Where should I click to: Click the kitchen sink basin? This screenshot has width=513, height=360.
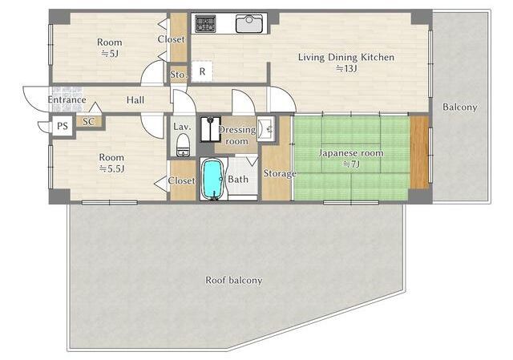(249, 23)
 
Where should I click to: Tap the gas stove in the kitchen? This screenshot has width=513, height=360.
(205, 24)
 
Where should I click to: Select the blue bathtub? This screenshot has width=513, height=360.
(212, 179)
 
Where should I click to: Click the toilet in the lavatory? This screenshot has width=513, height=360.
(183, 146)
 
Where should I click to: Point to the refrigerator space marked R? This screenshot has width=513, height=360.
(202, 71)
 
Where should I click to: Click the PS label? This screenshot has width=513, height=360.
(63, 126)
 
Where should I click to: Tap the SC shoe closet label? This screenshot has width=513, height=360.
(88, 122)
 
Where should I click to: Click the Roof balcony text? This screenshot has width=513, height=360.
(234, 281)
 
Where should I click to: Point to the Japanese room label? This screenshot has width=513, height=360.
(351, 153)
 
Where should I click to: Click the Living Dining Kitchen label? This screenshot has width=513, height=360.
(346, 57)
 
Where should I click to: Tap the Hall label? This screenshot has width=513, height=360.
(135, 99)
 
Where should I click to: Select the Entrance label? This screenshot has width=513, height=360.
(67, 99)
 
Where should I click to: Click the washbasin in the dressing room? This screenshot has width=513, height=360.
(265, 129)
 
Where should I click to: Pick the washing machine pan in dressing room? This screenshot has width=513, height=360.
(210, 129)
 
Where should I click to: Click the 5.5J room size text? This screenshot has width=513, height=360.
(112, 169)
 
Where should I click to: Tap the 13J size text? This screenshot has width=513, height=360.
(346, 69)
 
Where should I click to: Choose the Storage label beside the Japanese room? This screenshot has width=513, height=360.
(280, 173)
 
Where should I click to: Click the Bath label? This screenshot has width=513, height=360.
(238, 180)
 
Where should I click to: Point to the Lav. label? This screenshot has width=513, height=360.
(182, 127)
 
